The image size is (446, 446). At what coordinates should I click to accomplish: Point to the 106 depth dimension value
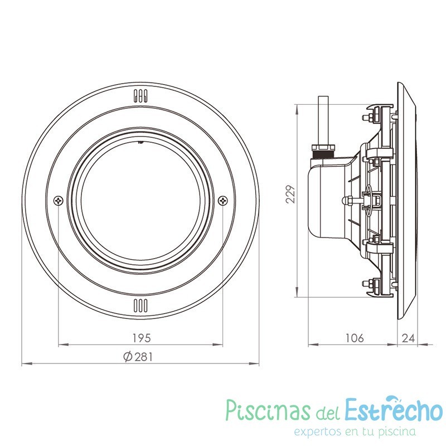(354, 338)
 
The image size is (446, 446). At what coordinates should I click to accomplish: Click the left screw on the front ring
(59, 200)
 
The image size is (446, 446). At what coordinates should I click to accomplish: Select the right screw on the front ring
(222, 200)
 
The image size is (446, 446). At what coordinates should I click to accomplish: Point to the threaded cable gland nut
(322, 149)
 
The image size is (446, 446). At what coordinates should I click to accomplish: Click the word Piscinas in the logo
(267, 411)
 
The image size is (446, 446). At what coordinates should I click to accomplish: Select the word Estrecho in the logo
(394, 411)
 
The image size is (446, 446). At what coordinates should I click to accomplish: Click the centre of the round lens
(140, 201)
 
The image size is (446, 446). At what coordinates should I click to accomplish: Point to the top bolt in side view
(369, 117)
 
